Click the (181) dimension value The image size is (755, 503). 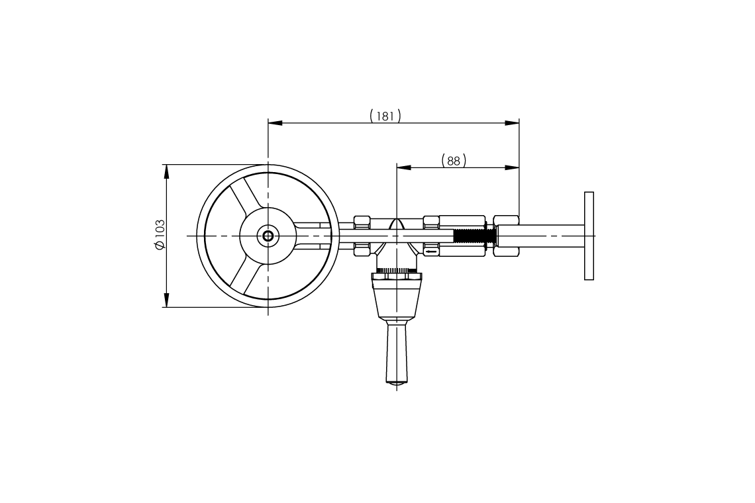pos(385,116)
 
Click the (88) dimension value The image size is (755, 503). pos(454,161)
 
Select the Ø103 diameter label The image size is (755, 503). pos(159,235)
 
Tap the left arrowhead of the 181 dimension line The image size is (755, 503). pos(275,123)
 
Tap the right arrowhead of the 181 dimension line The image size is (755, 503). pos(512,123)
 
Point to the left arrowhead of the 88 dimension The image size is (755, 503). pos(403,167)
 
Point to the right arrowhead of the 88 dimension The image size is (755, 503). pos(512,167)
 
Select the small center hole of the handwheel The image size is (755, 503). pos(268,236)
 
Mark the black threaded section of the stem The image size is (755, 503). pos(474,236)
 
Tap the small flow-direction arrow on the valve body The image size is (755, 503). pos(431,251)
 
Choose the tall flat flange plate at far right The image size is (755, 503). pos(589,236)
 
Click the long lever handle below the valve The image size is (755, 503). pos(396,351)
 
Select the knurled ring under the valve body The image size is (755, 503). pos(396,271)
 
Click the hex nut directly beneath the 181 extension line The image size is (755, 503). pos(507,236)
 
